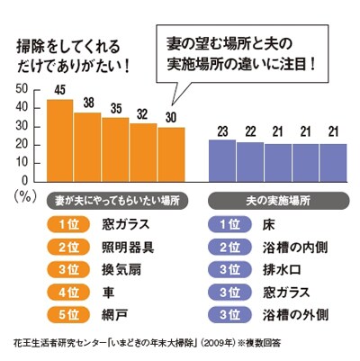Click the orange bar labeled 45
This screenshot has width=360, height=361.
[60, 140]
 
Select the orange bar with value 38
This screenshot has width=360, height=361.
[87, 147]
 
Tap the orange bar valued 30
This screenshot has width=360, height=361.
[171, 155]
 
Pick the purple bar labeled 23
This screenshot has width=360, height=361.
[222, 160]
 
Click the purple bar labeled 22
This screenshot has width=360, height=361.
[250, 162]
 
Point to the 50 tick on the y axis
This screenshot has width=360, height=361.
[22, 89]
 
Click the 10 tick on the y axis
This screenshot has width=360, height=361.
[22, 163]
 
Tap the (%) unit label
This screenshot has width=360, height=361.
[25, 196]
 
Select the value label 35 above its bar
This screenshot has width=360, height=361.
[116, 109]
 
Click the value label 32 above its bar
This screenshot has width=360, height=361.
[142, 114]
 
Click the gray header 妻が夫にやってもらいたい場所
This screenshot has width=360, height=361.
[117, 201]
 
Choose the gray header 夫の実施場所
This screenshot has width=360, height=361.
[278, 201]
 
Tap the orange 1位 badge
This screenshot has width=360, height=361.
[68, 225]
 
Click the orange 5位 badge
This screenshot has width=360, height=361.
[68, 315]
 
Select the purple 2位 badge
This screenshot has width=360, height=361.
[229, 248]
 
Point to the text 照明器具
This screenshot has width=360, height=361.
[128, 248]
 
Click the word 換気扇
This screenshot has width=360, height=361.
[121, 270]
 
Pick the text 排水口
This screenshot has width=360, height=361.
[282, 270]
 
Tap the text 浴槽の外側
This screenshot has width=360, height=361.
[295, 315]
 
